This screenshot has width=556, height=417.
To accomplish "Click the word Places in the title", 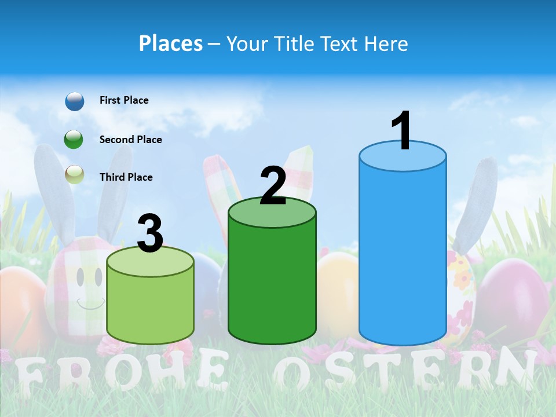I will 171,43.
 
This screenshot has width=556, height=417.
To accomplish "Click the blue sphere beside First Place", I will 74,101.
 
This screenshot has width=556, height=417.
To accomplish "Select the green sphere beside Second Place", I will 74,140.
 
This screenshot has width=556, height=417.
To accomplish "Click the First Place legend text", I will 124,100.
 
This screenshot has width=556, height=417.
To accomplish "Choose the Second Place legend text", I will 130,140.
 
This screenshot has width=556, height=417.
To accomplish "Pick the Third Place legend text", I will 126,177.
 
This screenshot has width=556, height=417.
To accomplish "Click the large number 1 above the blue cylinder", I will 401,131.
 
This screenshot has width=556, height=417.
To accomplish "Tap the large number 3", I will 151,233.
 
